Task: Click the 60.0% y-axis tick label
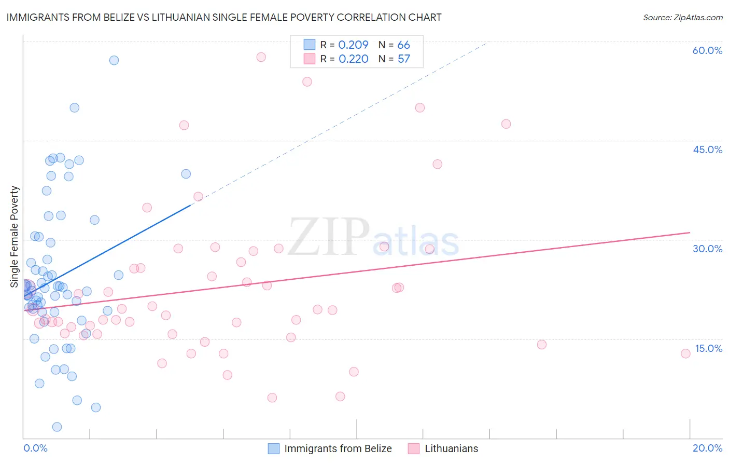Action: [x=707, y=50]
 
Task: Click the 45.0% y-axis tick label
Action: [x=707, y=149]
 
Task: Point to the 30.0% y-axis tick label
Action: [x=707, y=249]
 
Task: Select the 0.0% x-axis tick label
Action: [x=35, y=448]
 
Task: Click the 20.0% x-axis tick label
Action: [x=707, y=448]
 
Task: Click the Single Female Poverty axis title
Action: [x=15, y=237]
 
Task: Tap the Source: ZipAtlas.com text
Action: [x=682, y=17]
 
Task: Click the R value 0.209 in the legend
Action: [x=353, y=45]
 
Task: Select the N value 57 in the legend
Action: [x=403, y=59]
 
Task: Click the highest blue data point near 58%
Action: [x=114, y=60]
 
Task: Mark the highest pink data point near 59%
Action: [x=261, y=57]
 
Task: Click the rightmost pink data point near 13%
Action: [x=685, y=353]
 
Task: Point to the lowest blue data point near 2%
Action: [x=57, y=427]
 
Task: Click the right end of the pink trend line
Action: [x=690, y=233]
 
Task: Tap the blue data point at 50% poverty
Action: [x=75, y=108]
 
